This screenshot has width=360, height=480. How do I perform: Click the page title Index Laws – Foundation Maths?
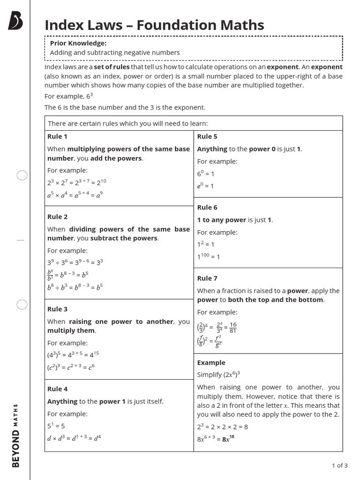click(x=154, y=25)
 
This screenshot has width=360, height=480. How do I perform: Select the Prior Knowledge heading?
click(x=78, y=43)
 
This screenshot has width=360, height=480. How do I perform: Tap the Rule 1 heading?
click(x=57, y=136)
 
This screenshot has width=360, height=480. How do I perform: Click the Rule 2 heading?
click(x=57, y=217)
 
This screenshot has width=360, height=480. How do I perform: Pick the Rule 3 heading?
click(x=57, y=309)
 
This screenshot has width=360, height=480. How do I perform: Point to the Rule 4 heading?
click(x=57, y=389)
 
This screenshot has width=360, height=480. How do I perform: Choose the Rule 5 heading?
click(x=207, y=136)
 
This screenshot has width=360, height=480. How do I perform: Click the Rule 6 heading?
click(x=207, y=207)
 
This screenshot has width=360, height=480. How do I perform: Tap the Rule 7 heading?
click(x=207, y=278)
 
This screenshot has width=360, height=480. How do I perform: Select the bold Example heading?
click(x=211, y=362)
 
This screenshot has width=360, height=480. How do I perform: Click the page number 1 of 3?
click(x=339, y=465)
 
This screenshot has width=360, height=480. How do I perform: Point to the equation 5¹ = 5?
click(x=56, y=426)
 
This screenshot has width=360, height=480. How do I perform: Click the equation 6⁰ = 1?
click(x=205, y=173)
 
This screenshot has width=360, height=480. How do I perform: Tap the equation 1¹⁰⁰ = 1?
click(x=209, y=256)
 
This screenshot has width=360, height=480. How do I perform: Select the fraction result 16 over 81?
click(x=233, y=328)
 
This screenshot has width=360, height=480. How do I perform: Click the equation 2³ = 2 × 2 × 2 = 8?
click(x=223, y=427)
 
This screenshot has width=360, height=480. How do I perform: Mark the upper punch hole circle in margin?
click(x=22, y=175)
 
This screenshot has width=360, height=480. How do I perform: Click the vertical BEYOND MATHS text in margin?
click(x=16, y=435)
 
